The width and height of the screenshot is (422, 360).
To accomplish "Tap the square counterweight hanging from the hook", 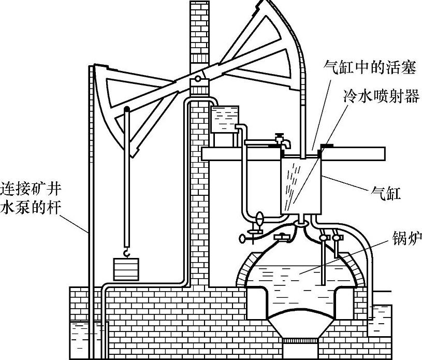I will (x=126, y=269).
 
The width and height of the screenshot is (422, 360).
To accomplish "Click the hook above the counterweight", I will (x=126, y=252).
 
